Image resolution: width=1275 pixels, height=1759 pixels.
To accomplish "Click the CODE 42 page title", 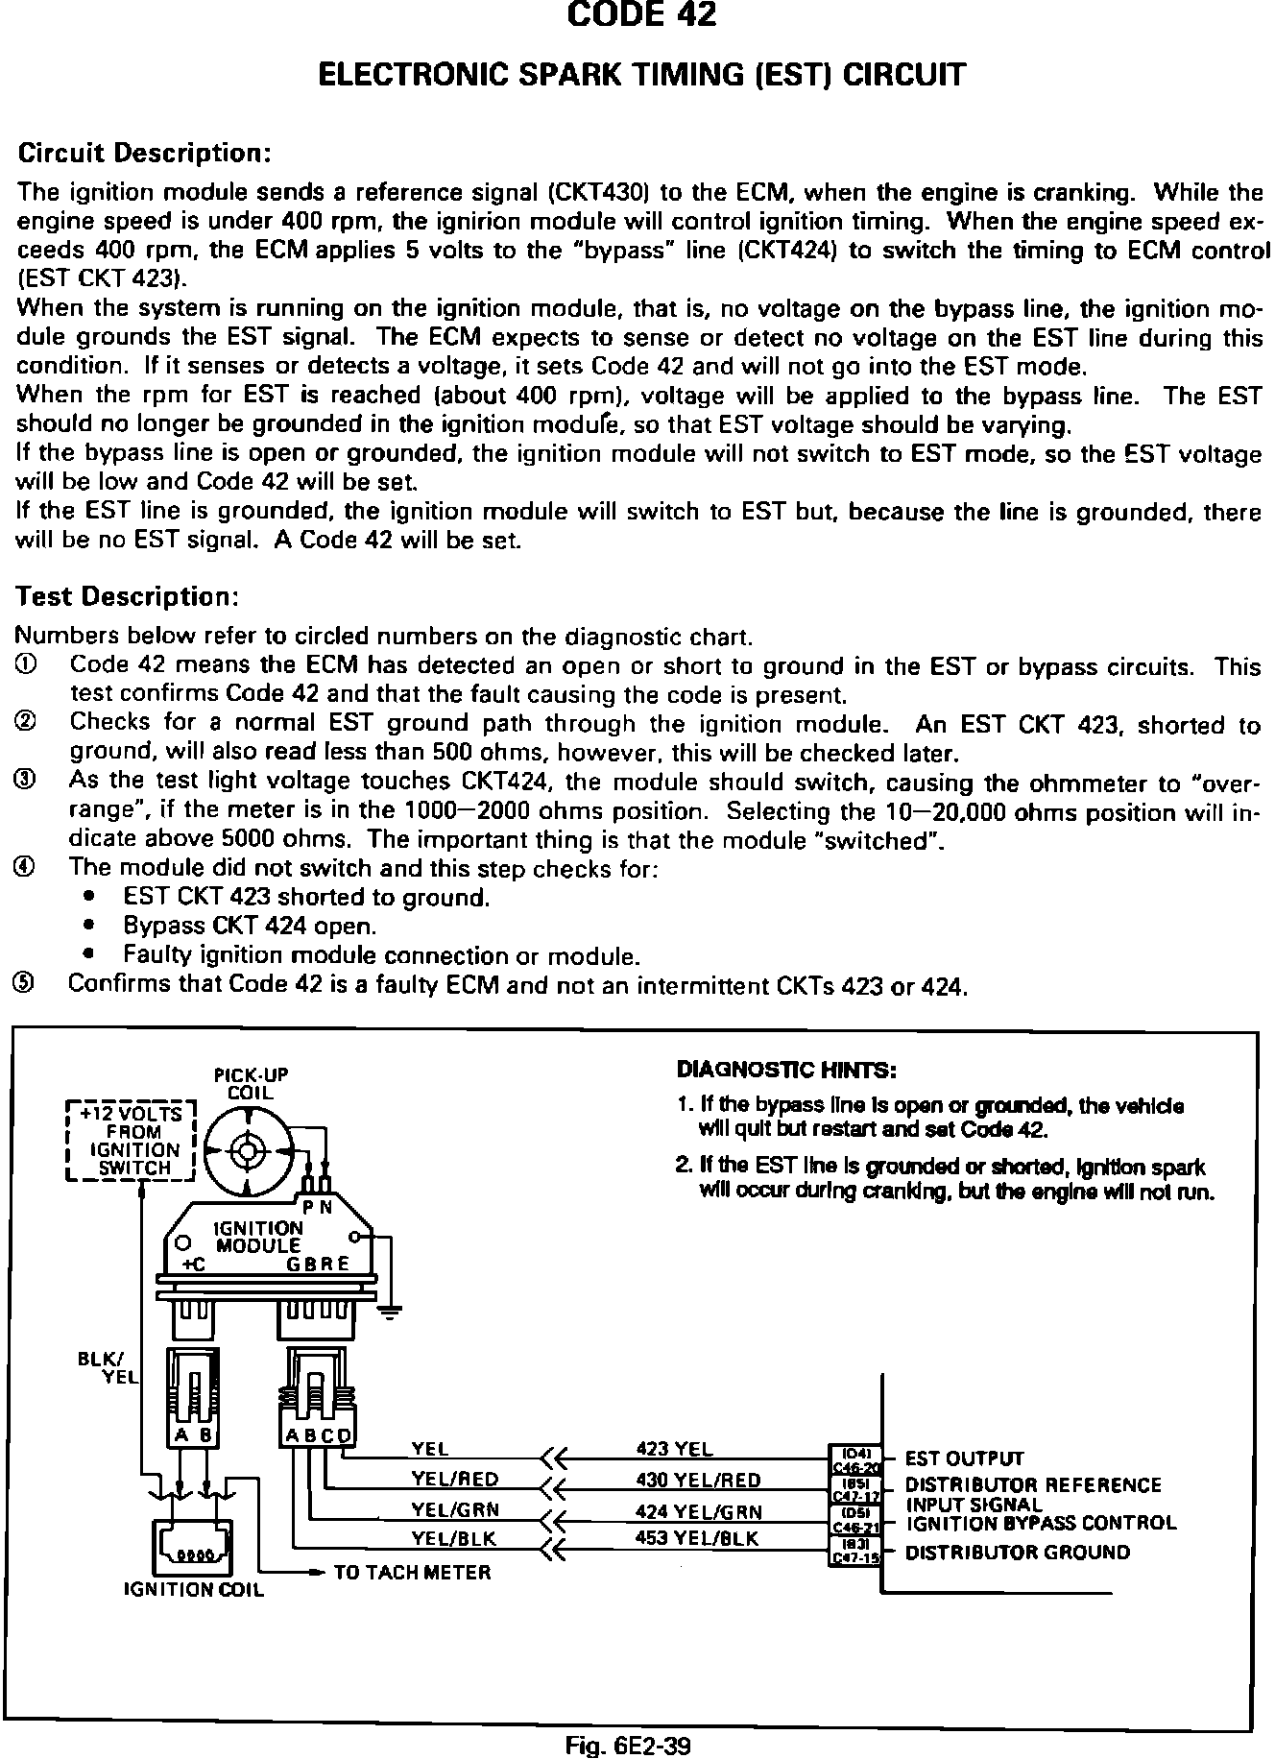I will click(x=641, y=16).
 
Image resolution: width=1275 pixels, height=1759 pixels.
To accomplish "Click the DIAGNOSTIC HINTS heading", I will click(x=786, y=1070).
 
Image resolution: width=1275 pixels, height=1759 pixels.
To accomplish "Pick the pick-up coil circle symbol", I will click(x=249, y=1149).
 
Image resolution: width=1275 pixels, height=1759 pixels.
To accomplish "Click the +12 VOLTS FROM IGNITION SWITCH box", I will click(x=131, y=1141).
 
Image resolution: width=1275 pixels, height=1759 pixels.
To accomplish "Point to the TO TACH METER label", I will click(x=412, y=1572).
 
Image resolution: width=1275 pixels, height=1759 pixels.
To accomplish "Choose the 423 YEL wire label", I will click(x=675, y=1449).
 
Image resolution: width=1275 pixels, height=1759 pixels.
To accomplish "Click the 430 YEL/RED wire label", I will click(x=698, y=1480).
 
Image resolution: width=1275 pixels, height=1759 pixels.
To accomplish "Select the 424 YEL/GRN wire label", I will click(x=698, y=1511).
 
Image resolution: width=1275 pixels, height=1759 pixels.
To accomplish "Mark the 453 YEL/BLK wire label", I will click(x=696, y=1538).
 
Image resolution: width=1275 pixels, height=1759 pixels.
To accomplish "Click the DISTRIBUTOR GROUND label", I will click(x=1018, y=1553).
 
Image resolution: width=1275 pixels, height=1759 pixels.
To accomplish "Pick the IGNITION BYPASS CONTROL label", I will click(x=1041, y=1523).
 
